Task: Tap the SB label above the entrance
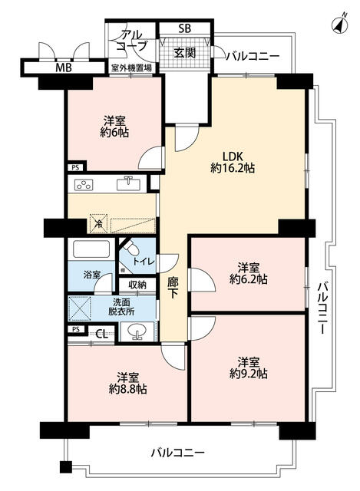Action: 185,28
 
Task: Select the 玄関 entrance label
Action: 185,53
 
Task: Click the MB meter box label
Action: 64,68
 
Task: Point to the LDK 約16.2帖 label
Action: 233,162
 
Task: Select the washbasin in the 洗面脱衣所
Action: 137,331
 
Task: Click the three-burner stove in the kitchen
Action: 84,185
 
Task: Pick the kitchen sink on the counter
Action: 128,184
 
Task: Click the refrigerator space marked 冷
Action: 98,223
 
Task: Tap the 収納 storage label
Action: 137,285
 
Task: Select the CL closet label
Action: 101,334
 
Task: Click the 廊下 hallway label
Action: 172,287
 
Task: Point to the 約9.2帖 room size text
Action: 248,374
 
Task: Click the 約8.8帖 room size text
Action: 128,389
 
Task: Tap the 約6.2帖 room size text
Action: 248,279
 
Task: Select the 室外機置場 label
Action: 132,68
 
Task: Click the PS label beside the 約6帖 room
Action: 75,167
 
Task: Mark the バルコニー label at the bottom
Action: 177,453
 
